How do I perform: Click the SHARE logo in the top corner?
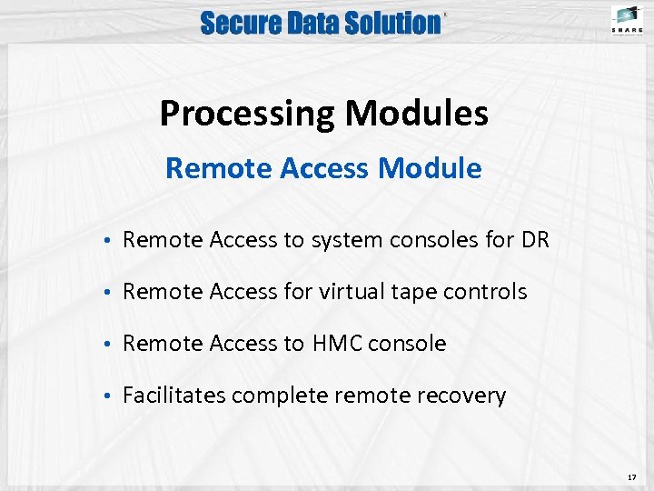pyautogui.click(x=626, y=20)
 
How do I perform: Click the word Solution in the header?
pyautogui.click(x=393, y=23)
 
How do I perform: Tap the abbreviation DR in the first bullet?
pyautogui.click(x=534, y=240)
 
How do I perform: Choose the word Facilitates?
pyautogui.click(x=173, y=396)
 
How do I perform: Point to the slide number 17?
pyautogui.click(x=631, y=476)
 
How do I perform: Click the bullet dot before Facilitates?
pyautogui.click(x=107, y=396)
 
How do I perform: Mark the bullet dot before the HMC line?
pyautogui.click(x=107, y=345)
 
